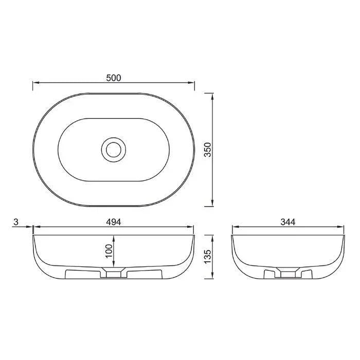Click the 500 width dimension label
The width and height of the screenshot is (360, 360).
pos(113,78)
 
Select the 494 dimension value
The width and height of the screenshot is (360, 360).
pos(113,222)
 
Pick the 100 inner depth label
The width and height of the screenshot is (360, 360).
pos(108,252)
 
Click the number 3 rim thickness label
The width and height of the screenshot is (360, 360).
pos(16,222)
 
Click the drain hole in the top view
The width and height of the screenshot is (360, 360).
pos(113,149)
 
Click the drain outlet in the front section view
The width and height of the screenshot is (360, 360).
pos(113,274)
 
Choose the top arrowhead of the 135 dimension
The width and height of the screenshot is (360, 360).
pos(213,238)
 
